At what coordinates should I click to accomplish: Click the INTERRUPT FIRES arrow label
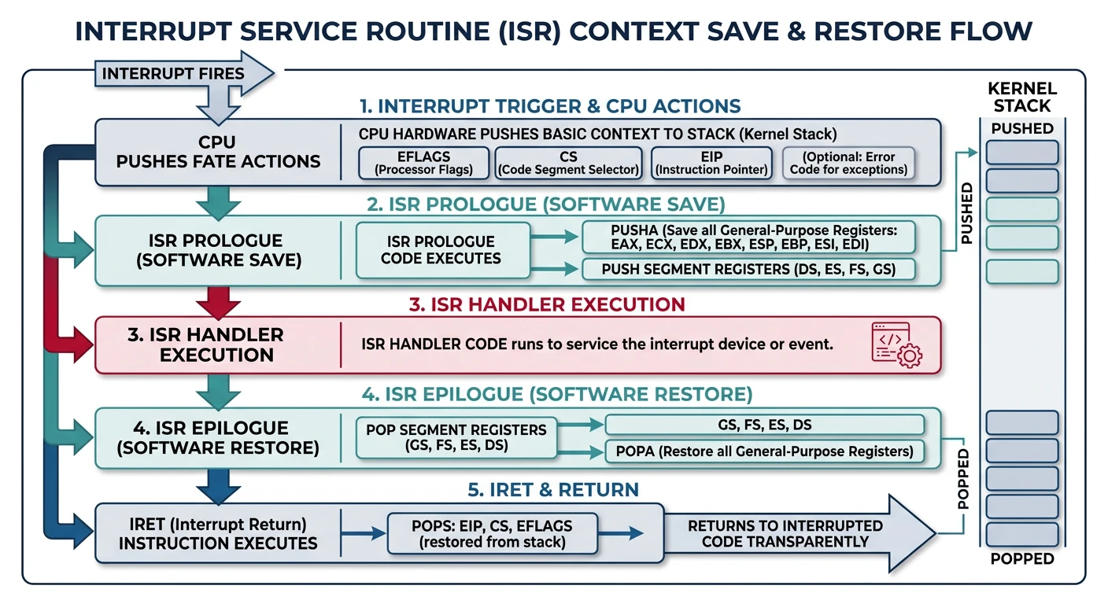(x=174, y=74)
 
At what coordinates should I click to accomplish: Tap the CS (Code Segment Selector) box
(x=568, y=163)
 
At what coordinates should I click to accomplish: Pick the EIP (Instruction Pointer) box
(x=711, y=163)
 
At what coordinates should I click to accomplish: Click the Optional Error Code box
(x=849, y=163)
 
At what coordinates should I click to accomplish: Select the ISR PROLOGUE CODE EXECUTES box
(x=441, y=249)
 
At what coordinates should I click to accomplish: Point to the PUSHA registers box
(x=748, y=237)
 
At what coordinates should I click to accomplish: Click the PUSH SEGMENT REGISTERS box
(x=748, y=269)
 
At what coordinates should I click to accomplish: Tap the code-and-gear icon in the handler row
(x=896, y=344)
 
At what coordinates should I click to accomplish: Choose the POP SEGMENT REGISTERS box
(x=456, y=437)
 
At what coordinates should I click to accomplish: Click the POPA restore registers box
(x=763, y=451)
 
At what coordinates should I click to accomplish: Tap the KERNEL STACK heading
(x=1021, y=97)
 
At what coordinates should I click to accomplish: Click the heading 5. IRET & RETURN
(x=552, y=490)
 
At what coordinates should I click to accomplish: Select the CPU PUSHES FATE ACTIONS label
(x=218, y=153)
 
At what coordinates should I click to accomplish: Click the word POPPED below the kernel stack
(x=1021, y=559)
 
